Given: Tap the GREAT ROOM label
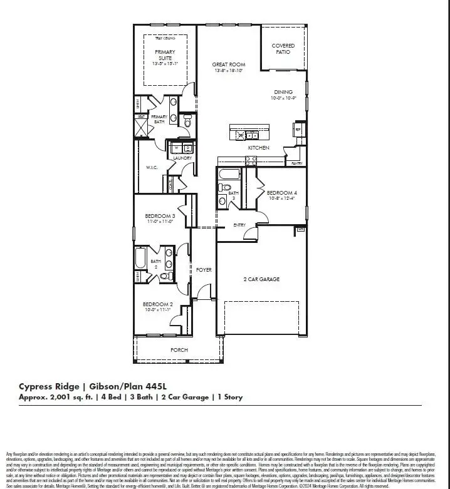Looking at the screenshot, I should pos(228,64).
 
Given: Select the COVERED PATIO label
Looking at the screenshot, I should pos(283,49).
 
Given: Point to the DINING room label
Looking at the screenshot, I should pos(283,92).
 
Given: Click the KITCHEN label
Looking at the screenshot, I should pos(258,148).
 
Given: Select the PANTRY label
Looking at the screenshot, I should pos(296,163).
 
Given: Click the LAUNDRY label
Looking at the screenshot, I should pos(182,158).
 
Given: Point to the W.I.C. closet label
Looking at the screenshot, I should pos(152,167).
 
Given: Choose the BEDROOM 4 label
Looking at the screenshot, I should pos(282,192).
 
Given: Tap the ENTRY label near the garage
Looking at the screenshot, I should pos(239,225).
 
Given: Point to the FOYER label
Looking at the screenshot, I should pos(204,270).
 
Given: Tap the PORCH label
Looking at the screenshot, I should pos(179,350).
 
